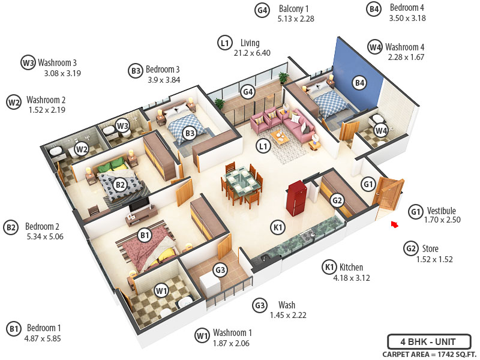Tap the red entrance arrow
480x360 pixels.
[394, 224]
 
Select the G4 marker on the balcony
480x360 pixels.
[248, 92]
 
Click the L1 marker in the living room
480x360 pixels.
[262, 145]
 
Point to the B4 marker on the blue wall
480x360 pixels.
[359, 83]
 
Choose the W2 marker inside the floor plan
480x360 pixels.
[82, 149]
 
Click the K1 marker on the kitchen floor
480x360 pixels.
[277, 227]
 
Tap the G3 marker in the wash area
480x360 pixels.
[221, 271]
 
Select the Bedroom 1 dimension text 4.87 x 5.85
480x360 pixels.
[43, 338]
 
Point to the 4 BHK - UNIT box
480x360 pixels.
[428, 342]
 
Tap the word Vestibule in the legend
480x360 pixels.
[442, 211]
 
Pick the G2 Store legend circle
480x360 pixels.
[411, 248]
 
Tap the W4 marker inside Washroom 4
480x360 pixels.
[381, 130]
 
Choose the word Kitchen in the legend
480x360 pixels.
[351, 267]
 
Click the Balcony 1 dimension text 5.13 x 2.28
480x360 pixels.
[296, 19]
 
